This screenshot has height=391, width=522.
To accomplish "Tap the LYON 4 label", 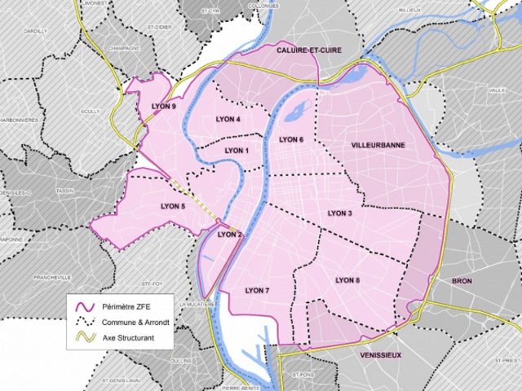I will coord(228,121).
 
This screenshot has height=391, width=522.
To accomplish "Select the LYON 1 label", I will coord(237,151).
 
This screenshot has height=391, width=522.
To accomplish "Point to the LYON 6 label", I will coord(291,140).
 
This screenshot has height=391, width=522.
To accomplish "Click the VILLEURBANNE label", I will coord(378,144).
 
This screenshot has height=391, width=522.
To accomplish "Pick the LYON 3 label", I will coord(339,213).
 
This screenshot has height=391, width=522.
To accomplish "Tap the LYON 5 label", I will coord(174,206).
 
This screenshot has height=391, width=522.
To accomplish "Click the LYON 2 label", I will coord(231,235).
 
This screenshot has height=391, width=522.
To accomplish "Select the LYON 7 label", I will coord(256,290).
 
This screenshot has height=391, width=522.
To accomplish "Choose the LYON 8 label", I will coord(347,280).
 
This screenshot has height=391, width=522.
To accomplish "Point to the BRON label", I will coord(462,281).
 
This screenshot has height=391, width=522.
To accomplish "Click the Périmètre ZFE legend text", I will coord(130,307).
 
